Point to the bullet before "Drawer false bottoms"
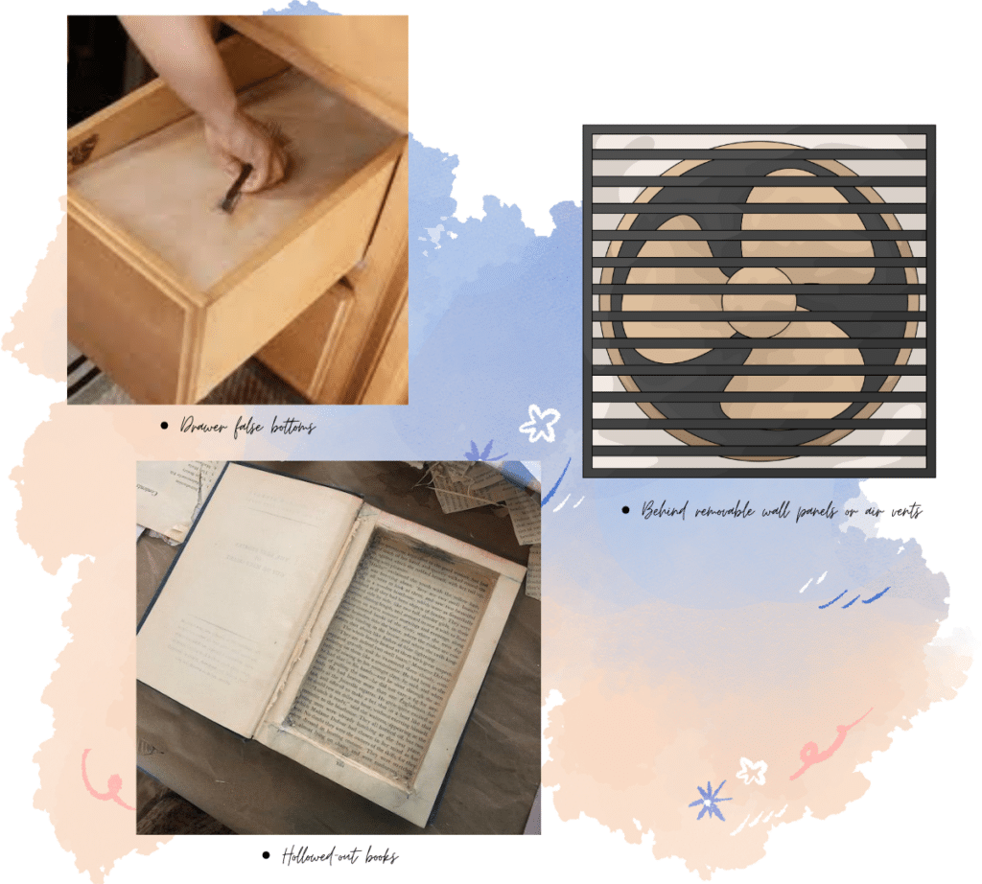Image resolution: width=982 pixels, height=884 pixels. (166, 426)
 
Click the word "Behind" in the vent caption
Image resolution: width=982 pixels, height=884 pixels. (665, 511)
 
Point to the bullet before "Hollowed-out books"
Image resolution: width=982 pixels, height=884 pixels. (266, 855)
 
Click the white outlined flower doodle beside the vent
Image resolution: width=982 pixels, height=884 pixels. (539, 422)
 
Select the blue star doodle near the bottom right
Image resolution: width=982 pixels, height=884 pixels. (710, 800)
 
